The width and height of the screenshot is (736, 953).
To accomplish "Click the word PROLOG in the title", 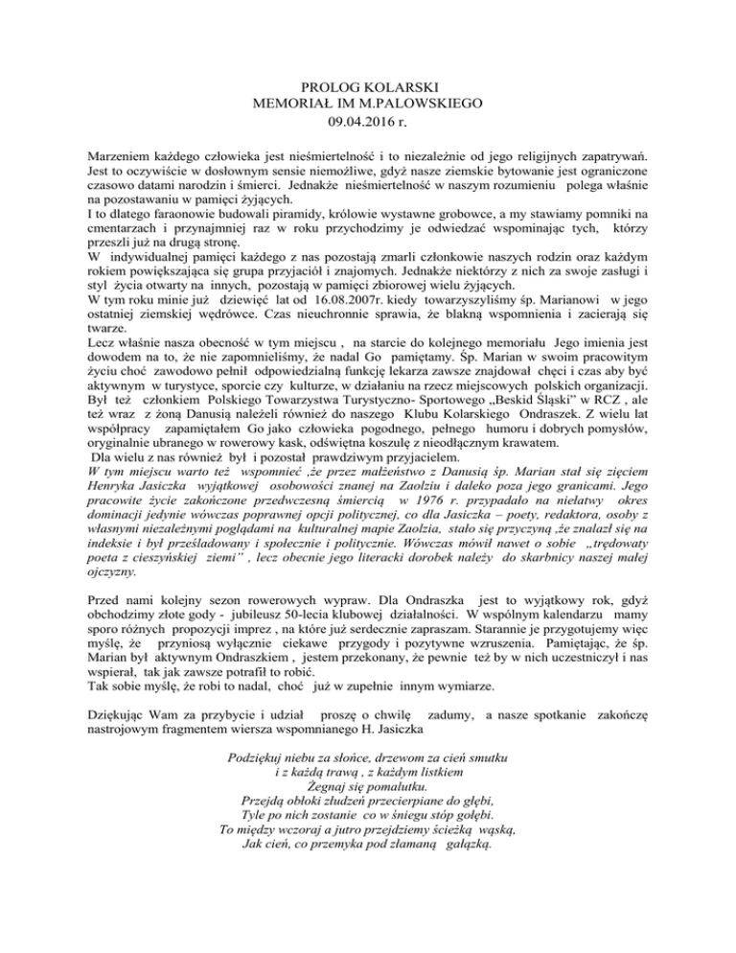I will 316,86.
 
